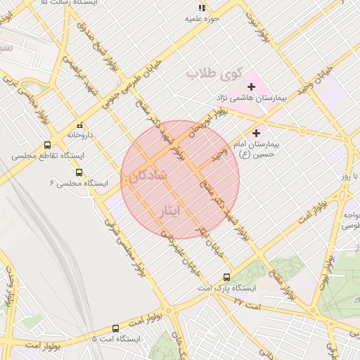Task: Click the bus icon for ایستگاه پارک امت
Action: click(x=226, y=277)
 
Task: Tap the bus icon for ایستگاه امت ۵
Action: click(x=115, y=328)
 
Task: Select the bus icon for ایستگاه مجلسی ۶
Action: click(x=79, y=172)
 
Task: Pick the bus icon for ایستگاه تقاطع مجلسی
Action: click(x=47, y=145)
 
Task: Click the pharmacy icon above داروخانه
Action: click(x=79, y=124)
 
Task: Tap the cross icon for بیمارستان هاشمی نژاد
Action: click(x=251, y=86)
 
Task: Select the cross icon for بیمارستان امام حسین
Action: click(x=256, y=132)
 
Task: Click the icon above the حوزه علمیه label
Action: click(x=202, y=8)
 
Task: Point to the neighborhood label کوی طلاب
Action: click(x=214, y=72)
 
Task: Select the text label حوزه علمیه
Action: click(x=202, y=19)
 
